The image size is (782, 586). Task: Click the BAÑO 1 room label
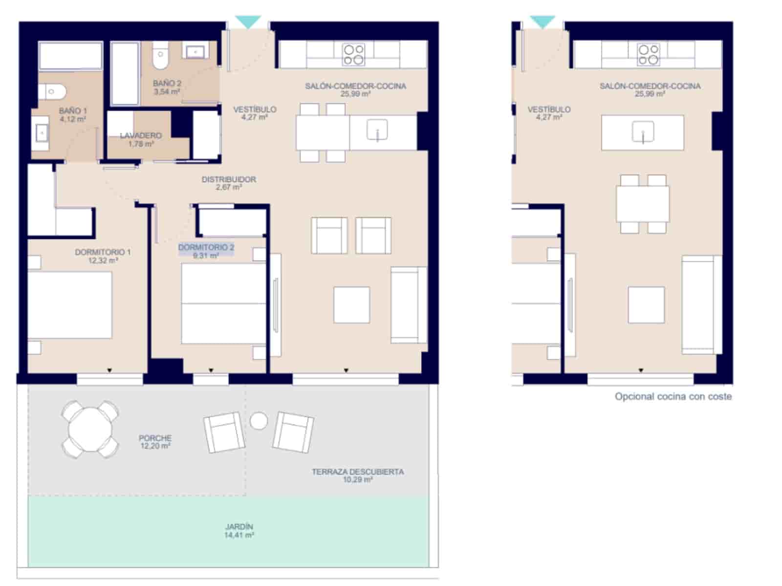[x=73, y=114]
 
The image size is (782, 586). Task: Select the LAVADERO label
[x=141, y=139]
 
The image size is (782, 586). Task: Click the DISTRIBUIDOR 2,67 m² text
[x=229, y=183]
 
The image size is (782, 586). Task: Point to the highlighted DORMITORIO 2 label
[x=206, y=251]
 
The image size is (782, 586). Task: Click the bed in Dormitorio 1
[x=69, y=305]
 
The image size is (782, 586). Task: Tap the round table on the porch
[x=90, y=429]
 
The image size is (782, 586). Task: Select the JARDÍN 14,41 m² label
[x=239, y=530]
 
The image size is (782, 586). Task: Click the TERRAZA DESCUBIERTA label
[x=358, y=475]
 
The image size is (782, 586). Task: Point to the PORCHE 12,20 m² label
[x=155, y=442]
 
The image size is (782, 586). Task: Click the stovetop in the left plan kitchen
[x=353, y=54]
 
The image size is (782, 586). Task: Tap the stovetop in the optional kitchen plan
[x=649, y=54]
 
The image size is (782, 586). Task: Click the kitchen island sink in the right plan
[x=643, y=131]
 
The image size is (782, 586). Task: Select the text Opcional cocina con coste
[x=673, y=396]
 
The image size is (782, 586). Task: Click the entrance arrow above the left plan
[x=248, y=22]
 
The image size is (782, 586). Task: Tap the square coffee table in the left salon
[x=351, y=305]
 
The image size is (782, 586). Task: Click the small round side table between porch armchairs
[x=259, y=420]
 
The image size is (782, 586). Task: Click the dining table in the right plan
[x=642, y=203]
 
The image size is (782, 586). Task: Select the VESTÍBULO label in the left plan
[x=255, y=113]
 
